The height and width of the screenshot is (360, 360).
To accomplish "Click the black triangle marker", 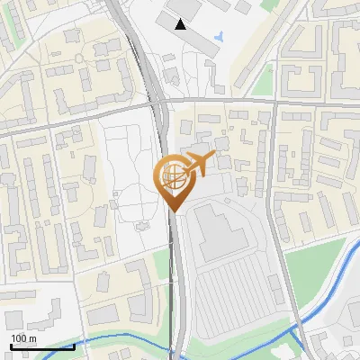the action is pos(181,24).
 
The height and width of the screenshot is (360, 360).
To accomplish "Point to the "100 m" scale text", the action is pos(23,338).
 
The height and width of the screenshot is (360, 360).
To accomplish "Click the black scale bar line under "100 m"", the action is pos(42,346).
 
